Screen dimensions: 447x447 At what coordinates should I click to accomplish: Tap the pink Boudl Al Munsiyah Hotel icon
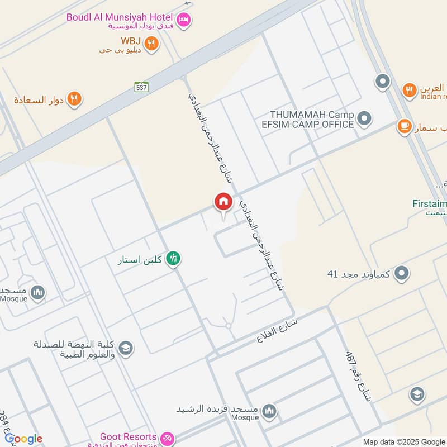pos(183,21)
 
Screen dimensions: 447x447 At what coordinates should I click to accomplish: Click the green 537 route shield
pos(141,87)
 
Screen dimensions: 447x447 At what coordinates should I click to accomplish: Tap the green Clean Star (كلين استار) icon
pos(174,259)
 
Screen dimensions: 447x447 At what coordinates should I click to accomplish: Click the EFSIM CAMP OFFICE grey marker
pos(364,118)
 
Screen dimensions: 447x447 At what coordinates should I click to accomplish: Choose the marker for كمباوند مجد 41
pos(401,274)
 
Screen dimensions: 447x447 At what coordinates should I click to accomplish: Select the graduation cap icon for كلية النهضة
pos(126,348)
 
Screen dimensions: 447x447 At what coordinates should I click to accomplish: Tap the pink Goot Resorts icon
pos(167,437)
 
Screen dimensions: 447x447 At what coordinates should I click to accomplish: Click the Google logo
pos(23,439)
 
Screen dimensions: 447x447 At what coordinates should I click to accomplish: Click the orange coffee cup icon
pos(403,126)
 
